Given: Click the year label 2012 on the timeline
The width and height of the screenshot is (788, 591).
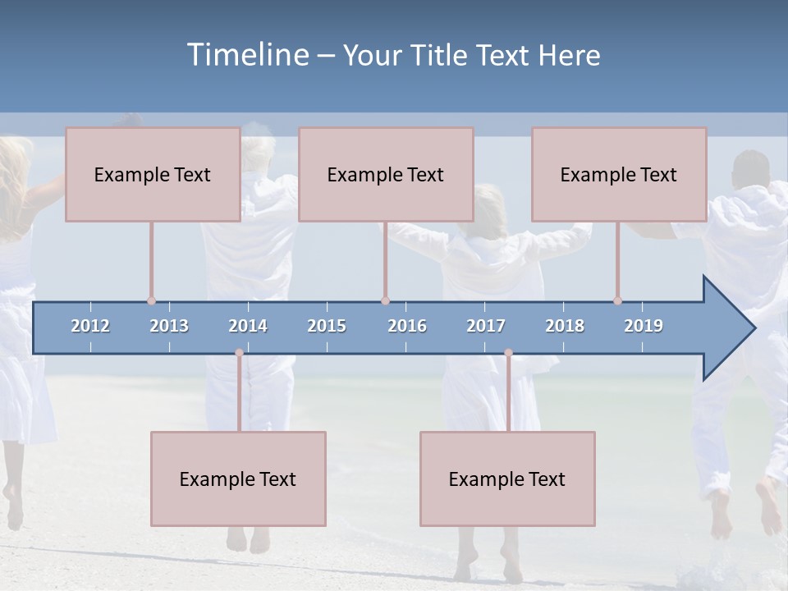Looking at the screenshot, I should point(90,326).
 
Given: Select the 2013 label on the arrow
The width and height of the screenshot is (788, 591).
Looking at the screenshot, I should point(169,326).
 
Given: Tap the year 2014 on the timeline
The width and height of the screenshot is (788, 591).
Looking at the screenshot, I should point(248,326).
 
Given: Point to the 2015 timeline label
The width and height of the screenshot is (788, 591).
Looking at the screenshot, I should point(327,326).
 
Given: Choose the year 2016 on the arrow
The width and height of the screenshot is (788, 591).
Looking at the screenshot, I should point(407,326).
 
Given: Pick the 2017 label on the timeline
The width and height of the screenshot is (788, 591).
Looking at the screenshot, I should point(486,326).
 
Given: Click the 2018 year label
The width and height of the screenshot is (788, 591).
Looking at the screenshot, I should point(565,326).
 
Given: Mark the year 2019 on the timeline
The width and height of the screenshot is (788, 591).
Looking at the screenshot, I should point(644,326).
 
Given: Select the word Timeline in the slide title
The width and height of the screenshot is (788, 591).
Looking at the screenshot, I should point(247,55).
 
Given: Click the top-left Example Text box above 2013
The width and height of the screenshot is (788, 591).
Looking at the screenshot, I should point(153,174).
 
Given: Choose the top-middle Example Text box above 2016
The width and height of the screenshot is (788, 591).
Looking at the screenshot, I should point(386,174).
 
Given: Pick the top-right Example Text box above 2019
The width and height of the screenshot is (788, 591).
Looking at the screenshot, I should point(619,174).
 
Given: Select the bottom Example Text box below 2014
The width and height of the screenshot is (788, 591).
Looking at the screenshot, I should point(238,479).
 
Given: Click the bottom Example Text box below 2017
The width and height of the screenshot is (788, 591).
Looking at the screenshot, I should point(507,479).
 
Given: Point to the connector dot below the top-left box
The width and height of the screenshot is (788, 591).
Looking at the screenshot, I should point(151,300).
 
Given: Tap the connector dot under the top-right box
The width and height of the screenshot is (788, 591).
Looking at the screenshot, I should point(617,300).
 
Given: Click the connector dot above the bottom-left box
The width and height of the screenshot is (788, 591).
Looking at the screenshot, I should point(239,353).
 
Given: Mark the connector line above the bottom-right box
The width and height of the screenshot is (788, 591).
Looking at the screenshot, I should point(508,394).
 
